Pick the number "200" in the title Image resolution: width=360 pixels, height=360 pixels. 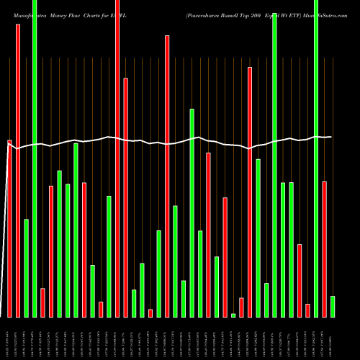pos(268,14)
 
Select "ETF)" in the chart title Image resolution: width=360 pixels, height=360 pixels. pos(302,14)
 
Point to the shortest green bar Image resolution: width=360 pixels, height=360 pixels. pos(233,315)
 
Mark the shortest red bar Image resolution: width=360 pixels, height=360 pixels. pos(150,312)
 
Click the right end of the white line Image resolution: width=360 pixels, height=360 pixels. pos(331,137)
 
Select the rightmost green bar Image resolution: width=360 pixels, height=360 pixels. pos(333,306)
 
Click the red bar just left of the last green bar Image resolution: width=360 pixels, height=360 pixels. pos(324,249)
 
